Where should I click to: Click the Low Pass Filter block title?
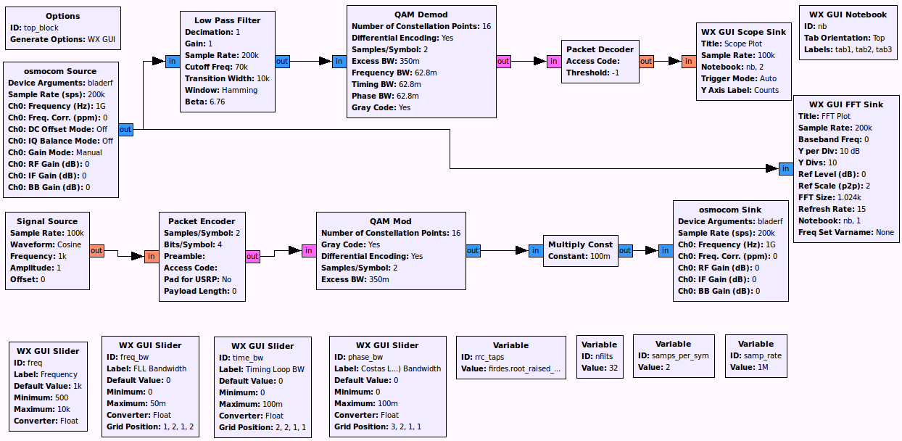[227, 20]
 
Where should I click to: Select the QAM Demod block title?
[421, 15]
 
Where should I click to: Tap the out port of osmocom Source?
[125, 130]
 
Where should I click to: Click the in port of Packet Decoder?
[553, 62]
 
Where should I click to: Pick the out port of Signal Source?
[96, 250]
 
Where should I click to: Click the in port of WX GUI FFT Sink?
[785, 169]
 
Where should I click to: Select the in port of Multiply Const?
[535, 251]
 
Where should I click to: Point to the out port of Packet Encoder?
[252, 256]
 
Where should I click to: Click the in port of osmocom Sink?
[665, 251]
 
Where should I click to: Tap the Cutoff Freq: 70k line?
[216, 67]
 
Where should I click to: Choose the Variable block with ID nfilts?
[600, 356]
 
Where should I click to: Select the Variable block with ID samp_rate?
[756, 355]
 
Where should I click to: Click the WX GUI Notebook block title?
[847, 15]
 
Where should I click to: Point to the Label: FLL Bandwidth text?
[146, 368]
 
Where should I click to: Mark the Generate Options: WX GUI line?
[62, 39]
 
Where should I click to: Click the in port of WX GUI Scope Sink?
[688, 62]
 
